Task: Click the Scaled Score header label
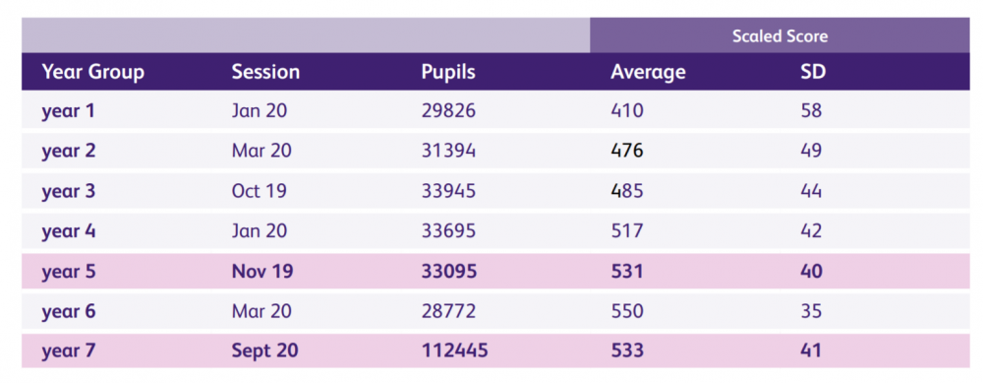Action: coord(780,36)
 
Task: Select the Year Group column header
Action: coord(92,72)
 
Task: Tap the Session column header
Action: coord(265,72)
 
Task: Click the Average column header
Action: coord(648,72)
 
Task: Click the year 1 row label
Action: coord(69,111)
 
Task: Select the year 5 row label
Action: coord(69,272)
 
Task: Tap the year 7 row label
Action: coord(69,351)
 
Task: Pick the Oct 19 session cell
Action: coord(260,191)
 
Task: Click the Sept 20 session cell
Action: coord(264,351)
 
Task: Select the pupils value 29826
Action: coord(448,111)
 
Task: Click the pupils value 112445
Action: coord(453,351)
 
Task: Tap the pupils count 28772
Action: coord(448,312)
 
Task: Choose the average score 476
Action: coord(627,152)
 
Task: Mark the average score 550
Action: coord(627,312)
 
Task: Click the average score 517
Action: coord(627,231)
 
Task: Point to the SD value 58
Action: coord(812,111)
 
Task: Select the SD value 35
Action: coord(812,312)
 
